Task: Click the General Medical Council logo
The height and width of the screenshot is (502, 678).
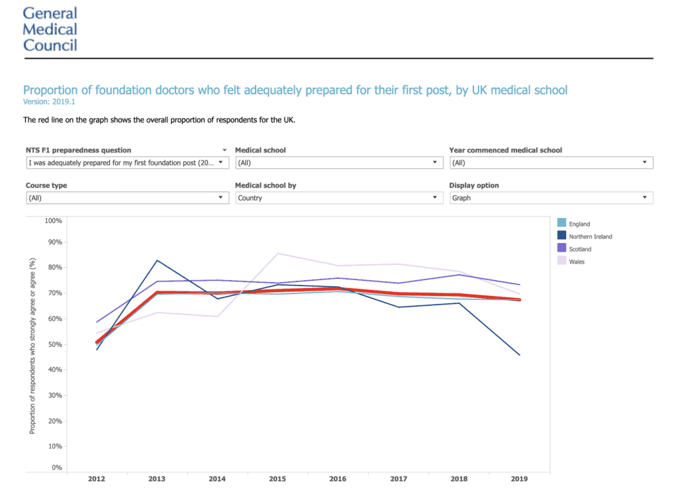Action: [50, 29]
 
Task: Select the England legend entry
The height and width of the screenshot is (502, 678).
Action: [579, 224]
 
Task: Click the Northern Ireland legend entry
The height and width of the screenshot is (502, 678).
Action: [590, 236]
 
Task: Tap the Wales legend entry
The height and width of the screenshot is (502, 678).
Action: [577, 262]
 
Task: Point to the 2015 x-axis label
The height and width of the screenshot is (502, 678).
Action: [277, 479]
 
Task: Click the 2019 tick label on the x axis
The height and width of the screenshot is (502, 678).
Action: [518, 479]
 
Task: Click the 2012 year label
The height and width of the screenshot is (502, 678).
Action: [97, 479]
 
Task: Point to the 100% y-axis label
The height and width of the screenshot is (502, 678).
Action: [54, 220]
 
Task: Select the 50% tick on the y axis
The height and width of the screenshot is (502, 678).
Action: [55, 344]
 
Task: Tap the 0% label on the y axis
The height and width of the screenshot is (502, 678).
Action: [57, 468]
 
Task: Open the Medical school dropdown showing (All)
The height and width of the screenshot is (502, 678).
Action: [339, 162]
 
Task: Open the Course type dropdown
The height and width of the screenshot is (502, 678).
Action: [127, 198]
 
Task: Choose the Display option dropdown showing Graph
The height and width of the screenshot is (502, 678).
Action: [551, 198]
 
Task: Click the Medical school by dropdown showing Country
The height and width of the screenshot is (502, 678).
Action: [339, 198]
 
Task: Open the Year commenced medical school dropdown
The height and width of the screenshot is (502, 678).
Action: [551, 162]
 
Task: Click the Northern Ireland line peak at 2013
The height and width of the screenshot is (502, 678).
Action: [157, 260]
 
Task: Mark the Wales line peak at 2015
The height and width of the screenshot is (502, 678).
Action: [277, 254]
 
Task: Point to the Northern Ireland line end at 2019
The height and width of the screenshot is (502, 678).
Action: [519, 355]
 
